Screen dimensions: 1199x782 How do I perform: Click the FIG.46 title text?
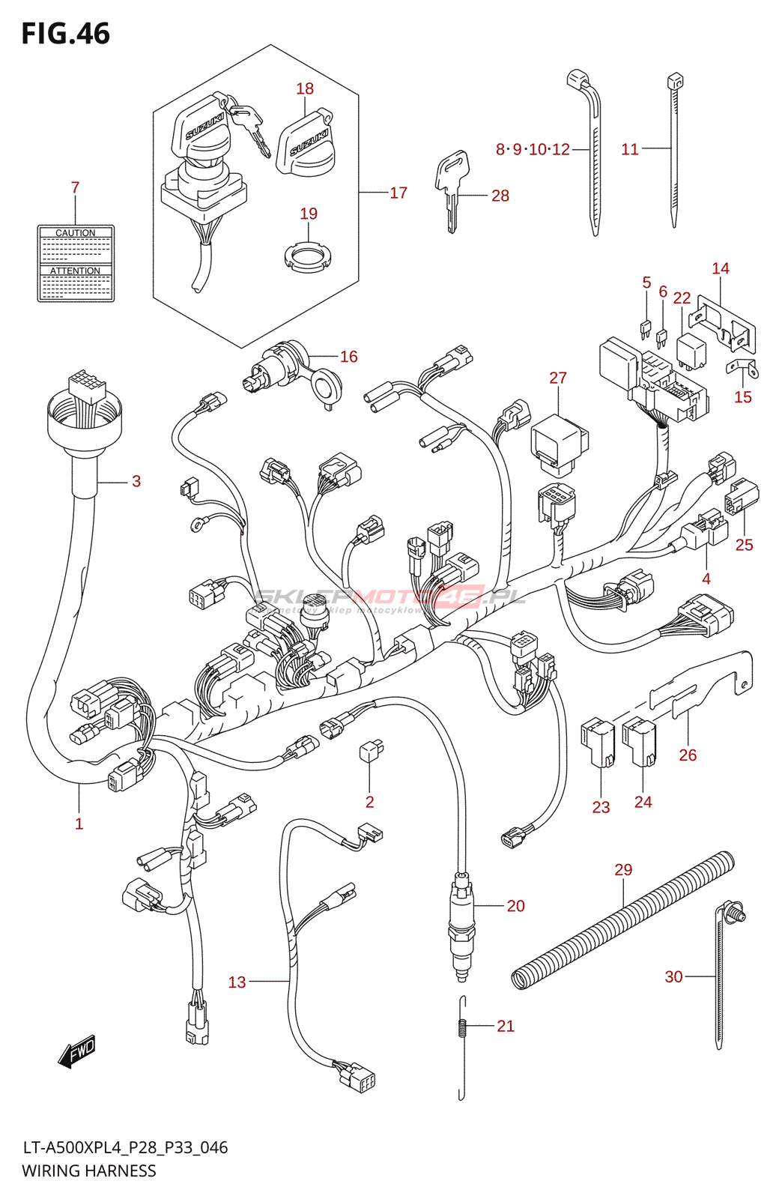[66, 34]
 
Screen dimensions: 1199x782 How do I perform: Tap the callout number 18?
[305, 88]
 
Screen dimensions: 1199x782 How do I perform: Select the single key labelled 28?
[452, 187]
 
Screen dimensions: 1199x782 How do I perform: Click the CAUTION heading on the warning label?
[76, 233]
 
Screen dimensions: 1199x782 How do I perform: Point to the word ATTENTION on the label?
[75, 271]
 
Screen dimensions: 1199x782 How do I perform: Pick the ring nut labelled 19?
[308, 258]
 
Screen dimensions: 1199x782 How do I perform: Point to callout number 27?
[558, 378]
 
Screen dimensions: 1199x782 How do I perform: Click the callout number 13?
[237, 982]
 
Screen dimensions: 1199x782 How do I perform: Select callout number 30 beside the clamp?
[673, 976]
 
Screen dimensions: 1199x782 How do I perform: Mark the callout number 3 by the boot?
[136, 481]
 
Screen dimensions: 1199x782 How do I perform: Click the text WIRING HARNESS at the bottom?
[89, 1171]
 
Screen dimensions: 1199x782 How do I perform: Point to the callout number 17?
[398, 193]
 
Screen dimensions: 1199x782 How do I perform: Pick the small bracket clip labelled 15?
[742, 368]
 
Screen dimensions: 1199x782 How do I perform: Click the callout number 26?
[688, 755]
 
